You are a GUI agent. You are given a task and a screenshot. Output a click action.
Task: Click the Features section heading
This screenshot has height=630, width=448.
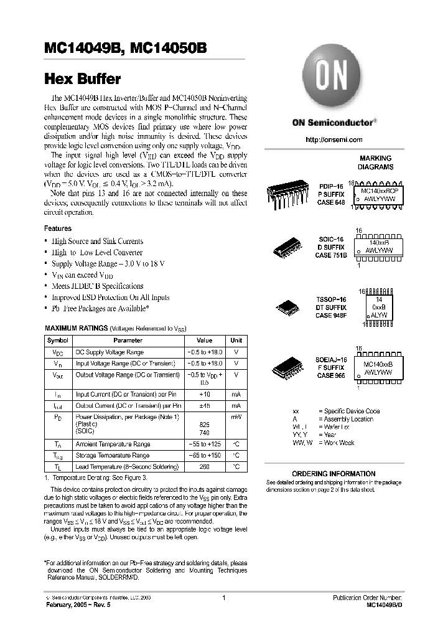pyautogui.click(x=58, y=228)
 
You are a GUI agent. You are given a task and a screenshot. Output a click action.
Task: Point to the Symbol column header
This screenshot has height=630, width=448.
pyautogui.click(x=58, y=341)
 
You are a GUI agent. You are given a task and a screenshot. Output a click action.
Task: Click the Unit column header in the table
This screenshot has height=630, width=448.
pyautogui.click(x=236, y=341)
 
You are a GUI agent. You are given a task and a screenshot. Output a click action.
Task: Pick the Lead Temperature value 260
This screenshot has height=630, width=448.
pyautogui.click(x=205, y=466)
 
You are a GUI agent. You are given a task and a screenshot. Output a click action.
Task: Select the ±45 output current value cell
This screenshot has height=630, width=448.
pyautogui.click(x=205, y=405)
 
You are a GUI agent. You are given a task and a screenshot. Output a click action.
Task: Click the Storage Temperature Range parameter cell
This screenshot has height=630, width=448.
pyautogui.click(x=113, y=456)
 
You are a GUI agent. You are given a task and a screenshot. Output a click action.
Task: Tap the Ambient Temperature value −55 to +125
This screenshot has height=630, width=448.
pyautogui.click(x=205, y=444)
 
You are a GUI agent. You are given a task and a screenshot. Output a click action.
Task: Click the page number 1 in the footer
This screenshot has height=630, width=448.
pyautogui.click(x=223, y=598)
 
